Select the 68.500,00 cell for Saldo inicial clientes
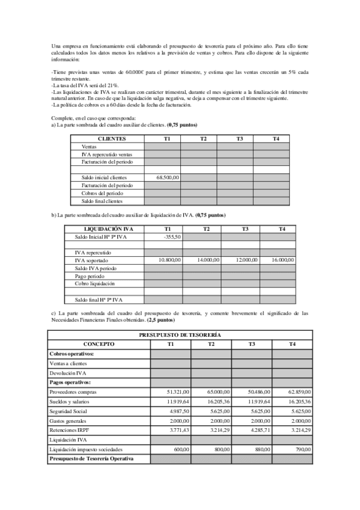tap(168, 177)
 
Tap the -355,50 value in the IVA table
tap(172, 237)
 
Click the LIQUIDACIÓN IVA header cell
tap(109, 229)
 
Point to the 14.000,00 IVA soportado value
tap(208, 260)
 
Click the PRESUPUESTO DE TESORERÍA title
tap(180, 334)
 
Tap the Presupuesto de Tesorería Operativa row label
tap(91, 459)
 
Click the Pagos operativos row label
tap(70, 382)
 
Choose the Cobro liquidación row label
tap(94, 283)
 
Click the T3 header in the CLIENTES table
tap(239, 139)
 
